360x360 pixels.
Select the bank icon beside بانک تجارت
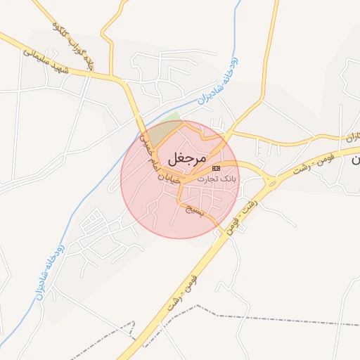[x=216, y=169]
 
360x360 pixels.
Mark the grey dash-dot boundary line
[x=211, y=313]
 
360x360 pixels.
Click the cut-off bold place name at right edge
[x=355, y=160]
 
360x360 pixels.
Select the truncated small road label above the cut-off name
[x=352, y=136]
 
